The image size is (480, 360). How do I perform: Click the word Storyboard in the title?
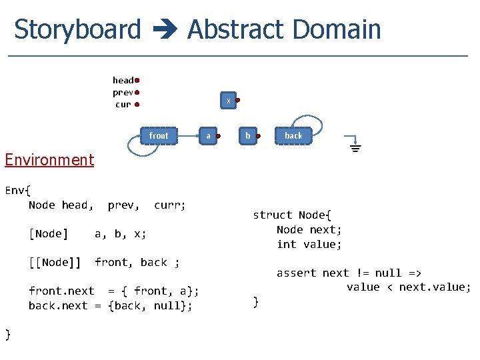click(x=77, y=30)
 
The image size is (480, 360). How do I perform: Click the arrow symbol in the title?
click(x=164, y=31)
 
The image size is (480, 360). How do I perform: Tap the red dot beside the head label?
click(x=137, y=81)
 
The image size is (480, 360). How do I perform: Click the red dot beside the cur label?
click(x=137, y=105)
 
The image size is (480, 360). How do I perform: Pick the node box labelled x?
click(x=229, y=101)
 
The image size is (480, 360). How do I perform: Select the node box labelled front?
click(x=159, y=135)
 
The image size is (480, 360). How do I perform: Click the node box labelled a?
click(x=208, y=135)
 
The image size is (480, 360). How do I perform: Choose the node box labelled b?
click(x=248, y=135)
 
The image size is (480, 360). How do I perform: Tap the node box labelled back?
click(x=293, y=135)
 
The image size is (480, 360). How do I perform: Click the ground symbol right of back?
click(x=355, y=145)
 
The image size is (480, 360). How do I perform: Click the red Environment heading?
click(x=49, y=160)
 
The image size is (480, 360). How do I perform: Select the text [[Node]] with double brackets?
click(x=54, y=262)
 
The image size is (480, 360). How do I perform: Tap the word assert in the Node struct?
click(x=296, y=273)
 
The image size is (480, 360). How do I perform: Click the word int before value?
click(x=286, y=244)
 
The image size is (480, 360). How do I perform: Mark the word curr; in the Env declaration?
click(x=170, y=205)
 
